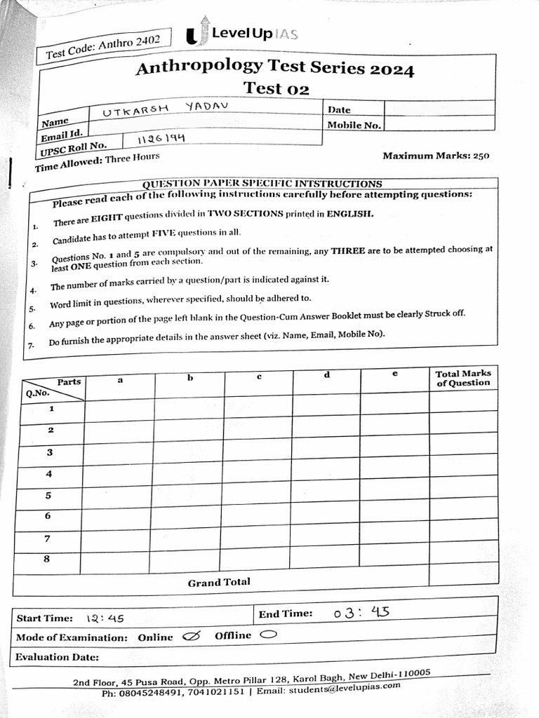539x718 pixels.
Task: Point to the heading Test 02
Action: click(x=276, y=88)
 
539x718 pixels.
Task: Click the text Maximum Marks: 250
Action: click(x=436, y=156)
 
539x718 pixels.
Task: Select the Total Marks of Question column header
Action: click(x=463, y=379)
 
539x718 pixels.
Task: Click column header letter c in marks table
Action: click(x=259, y=377)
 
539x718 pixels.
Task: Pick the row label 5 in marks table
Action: click(x=48, y=495)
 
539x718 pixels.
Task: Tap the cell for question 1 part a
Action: click(x=119, y=409)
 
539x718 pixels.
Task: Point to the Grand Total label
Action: click(x=218, y=582)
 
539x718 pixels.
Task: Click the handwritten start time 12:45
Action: click(x=105, y=618)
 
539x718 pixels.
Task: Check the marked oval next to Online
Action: click(x=190, y=637)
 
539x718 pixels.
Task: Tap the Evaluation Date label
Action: click(x=57, y=657)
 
